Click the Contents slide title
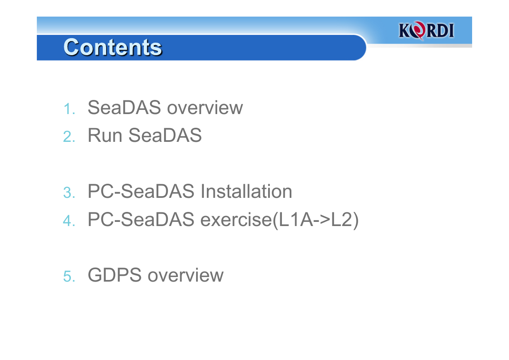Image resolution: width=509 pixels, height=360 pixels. [113, 47]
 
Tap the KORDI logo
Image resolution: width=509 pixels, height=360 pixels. [426, 30]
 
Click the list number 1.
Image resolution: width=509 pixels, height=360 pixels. [69, 109]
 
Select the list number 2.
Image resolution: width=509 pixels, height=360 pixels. [69, 137]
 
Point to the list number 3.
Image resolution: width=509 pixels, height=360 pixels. [69, 192]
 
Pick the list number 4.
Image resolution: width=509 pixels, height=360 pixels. [69, 221]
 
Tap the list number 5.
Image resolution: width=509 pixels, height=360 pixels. [69, 276]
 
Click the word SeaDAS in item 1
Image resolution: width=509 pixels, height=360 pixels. [124, 107]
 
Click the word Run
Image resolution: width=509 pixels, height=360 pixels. [105, 135]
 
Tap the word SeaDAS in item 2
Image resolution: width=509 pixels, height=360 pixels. [165, 135]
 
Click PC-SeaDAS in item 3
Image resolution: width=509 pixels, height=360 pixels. [141, 191]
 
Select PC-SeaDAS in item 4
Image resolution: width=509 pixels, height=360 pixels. [141, 219]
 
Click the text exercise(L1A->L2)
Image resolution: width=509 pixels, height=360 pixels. [279, 220]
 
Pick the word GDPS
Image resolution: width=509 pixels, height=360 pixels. [114, 275]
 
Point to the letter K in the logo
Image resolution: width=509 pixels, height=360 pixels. [405, 30]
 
